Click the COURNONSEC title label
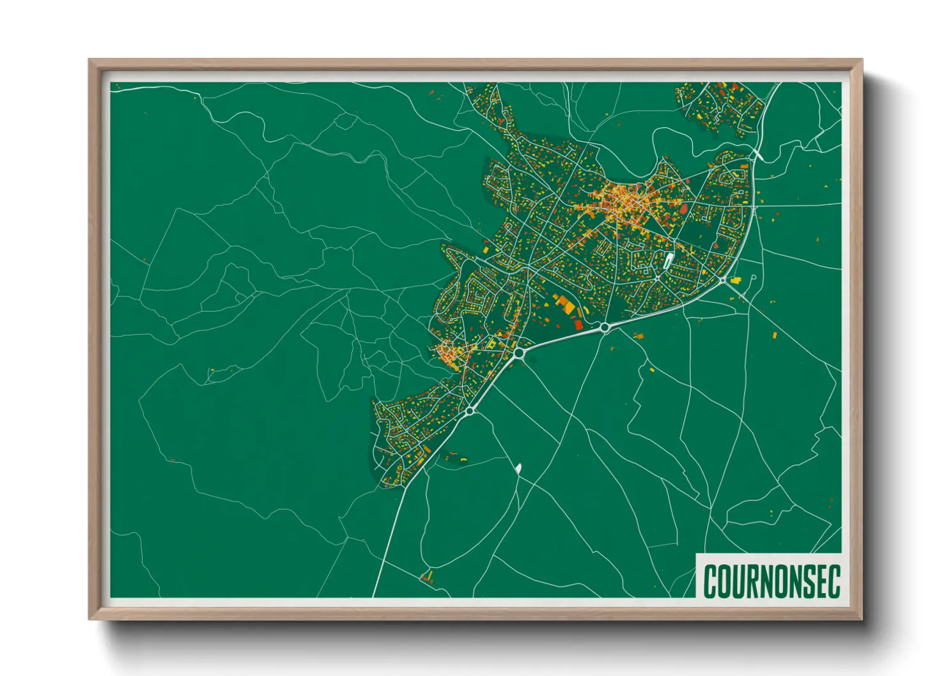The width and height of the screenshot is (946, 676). (x=771, y=580)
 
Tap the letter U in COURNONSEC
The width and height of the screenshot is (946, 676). (x=740, y=581)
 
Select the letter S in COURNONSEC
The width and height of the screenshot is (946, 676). (x=803, y=581)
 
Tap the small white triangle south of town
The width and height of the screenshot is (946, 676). (x=518, y=468)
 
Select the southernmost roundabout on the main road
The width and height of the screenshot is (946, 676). (x=470, y=411)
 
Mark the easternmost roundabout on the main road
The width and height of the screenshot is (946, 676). (x=722, y=280)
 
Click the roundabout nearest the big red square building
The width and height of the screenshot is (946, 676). (x=604, y=327)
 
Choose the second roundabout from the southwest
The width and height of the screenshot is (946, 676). (x=518, y=352)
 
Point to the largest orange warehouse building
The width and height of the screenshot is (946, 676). (x=566, y=305)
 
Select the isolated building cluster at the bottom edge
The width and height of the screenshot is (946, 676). (x=426, y=577)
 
